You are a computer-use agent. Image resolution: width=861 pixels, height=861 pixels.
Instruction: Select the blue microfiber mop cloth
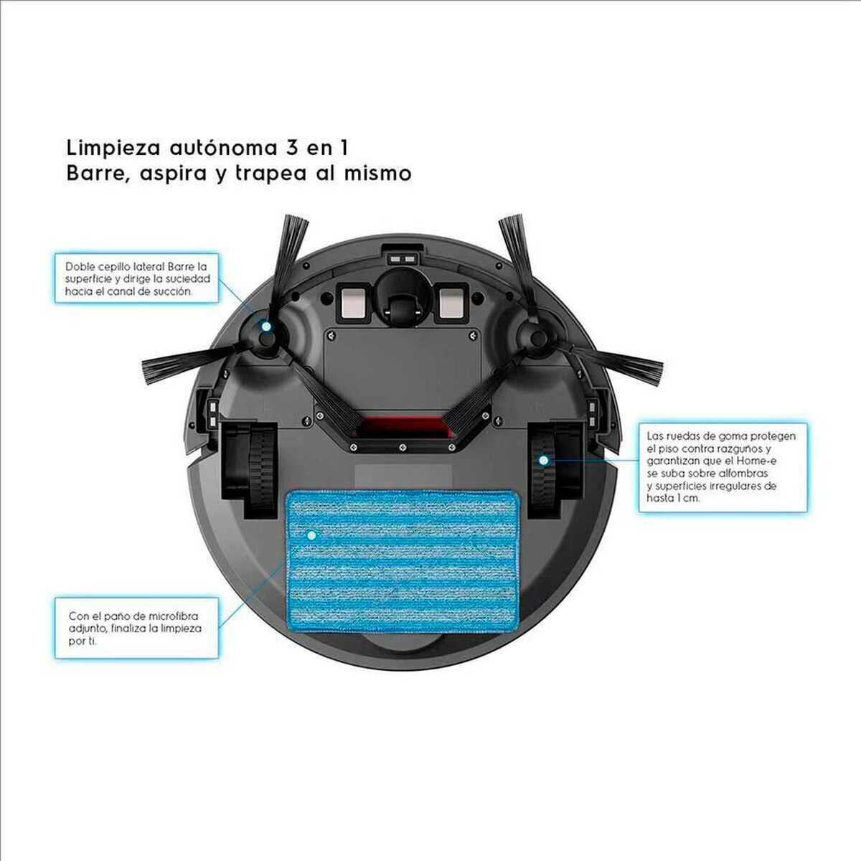click(x=401, y=561)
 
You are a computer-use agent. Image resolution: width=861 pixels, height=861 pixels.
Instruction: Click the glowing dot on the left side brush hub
click(x=266, y=326)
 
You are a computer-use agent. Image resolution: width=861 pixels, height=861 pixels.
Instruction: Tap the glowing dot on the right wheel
click(x=544, y=460)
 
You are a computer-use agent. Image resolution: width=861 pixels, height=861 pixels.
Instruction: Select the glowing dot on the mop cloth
click(x=311, y=535)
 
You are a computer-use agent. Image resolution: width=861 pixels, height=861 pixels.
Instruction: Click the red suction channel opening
click(x=402, y=428)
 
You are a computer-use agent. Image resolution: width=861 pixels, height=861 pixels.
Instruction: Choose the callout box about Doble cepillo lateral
click(x=136, y=278)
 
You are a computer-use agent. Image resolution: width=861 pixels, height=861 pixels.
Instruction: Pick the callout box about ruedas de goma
click(x=722, y=467)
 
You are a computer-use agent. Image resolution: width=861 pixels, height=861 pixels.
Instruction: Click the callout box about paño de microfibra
click(x=136, y=628)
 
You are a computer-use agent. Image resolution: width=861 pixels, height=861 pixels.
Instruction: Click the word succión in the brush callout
click(x=174, y=291)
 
